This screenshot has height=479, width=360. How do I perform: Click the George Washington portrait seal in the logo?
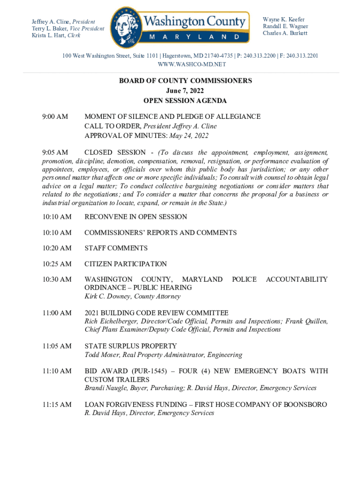[125, 27]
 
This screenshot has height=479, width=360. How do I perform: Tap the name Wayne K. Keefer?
[283, 20]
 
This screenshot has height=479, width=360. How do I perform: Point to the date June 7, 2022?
[185, 91]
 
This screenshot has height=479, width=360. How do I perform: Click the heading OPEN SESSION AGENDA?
[185, 101]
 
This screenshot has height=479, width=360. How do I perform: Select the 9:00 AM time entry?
[55, 116]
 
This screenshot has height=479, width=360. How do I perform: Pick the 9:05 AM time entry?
[55, 152]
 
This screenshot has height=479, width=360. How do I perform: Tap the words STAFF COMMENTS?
[116, 248]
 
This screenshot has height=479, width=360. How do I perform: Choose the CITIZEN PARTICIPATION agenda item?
[125, 264]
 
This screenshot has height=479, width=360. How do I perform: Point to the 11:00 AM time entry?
[57, 313]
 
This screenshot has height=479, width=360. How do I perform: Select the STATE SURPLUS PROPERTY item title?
[130, 346]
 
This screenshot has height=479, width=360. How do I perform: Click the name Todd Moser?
[101, 355]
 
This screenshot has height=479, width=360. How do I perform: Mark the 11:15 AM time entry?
[57, 405]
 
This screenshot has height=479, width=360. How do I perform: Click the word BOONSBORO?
[305, 405]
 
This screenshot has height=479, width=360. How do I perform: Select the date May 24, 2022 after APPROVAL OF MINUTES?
[189, 136]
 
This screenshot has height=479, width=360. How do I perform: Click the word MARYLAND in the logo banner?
[195, 36]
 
